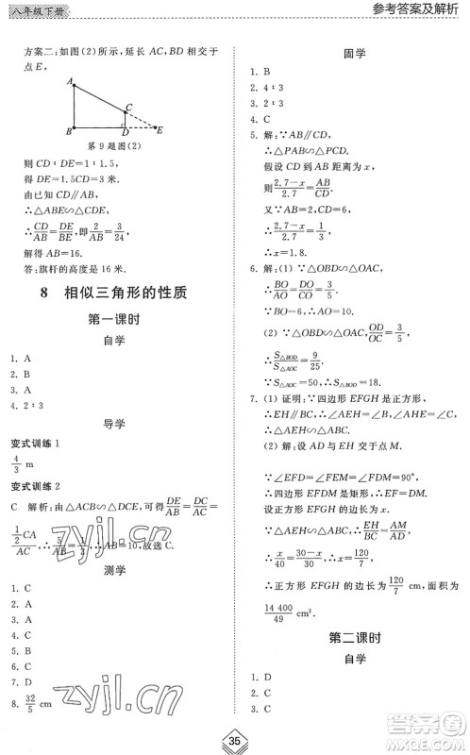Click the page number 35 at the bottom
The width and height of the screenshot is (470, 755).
pyautogui.click(x=235, y=737)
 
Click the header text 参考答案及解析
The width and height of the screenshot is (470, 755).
pyautogui.click(x=413, y=10)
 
